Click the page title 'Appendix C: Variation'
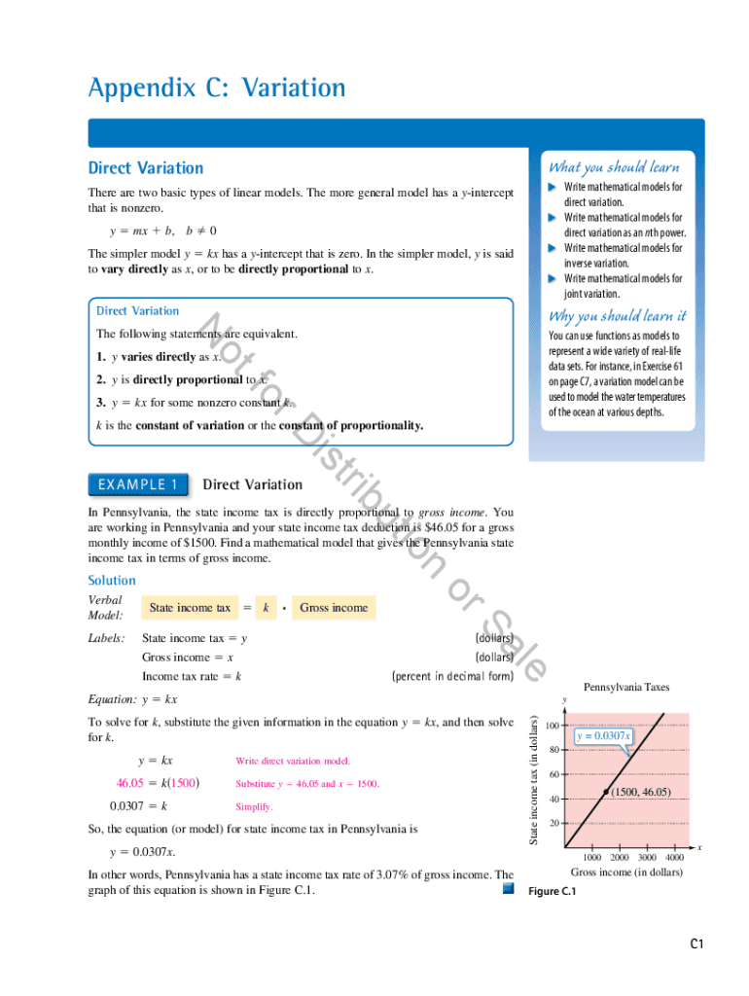pyautogui.click(x=216, y=89)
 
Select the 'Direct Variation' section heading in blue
pyautogui.click(x=146, y=168)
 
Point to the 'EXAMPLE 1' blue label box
pyautogui.click(x=135, y=484)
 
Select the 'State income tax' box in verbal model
pyautogui.click(x=189, y=608)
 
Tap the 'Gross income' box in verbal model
pyautogui.click(x=334, y=608)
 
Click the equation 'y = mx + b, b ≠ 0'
pyautogui.click(x=162, y=231)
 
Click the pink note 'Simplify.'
pyautogui.click(x=254, y=807)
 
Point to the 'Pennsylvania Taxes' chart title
pyautogui.click(x=626, y=688)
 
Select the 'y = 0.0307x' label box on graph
pyautogui.click(x=603, y=736)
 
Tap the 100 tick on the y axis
pyautogui.click(x=552, y=726)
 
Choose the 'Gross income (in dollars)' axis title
pyautogui.click(x=625, y=872)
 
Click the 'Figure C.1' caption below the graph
pyautogui.click(x=553, y=892)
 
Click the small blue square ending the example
pyautogui.click(x=507, y=889)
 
